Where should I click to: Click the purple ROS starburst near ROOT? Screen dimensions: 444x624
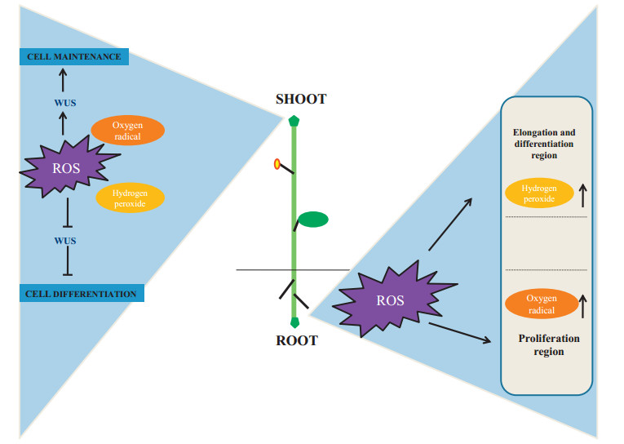(390, 300)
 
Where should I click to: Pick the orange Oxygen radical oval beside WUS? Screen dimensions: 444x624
(127, 131)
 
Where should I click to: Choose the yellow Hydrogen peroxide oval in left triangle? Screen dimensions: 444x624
(130, 198)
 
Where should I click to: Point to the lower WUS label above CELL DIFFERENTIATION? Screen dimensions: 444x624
(65, 241)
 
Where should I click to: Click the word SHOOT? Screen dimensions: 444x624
(300, 100)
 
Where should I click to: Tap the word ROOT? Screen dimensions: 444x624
(296, 340)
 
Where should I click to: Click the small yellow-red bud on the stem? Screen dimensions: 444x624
(277, 164)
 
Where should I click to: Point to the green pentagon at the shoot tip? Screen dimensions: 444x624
(294, 121)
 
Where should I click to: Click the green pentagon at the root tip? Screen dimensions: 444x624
(295, 322)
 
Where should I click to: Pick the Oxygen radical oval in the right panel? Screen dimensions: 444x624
(542, 304)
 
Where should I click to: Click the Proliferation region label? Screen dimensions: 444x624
(549, 344)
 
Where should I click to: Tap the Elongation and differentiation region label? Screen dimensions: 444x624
(546, 143)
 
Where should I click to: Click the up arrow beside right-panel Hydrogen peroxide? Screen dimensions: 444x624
(583, 193)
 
